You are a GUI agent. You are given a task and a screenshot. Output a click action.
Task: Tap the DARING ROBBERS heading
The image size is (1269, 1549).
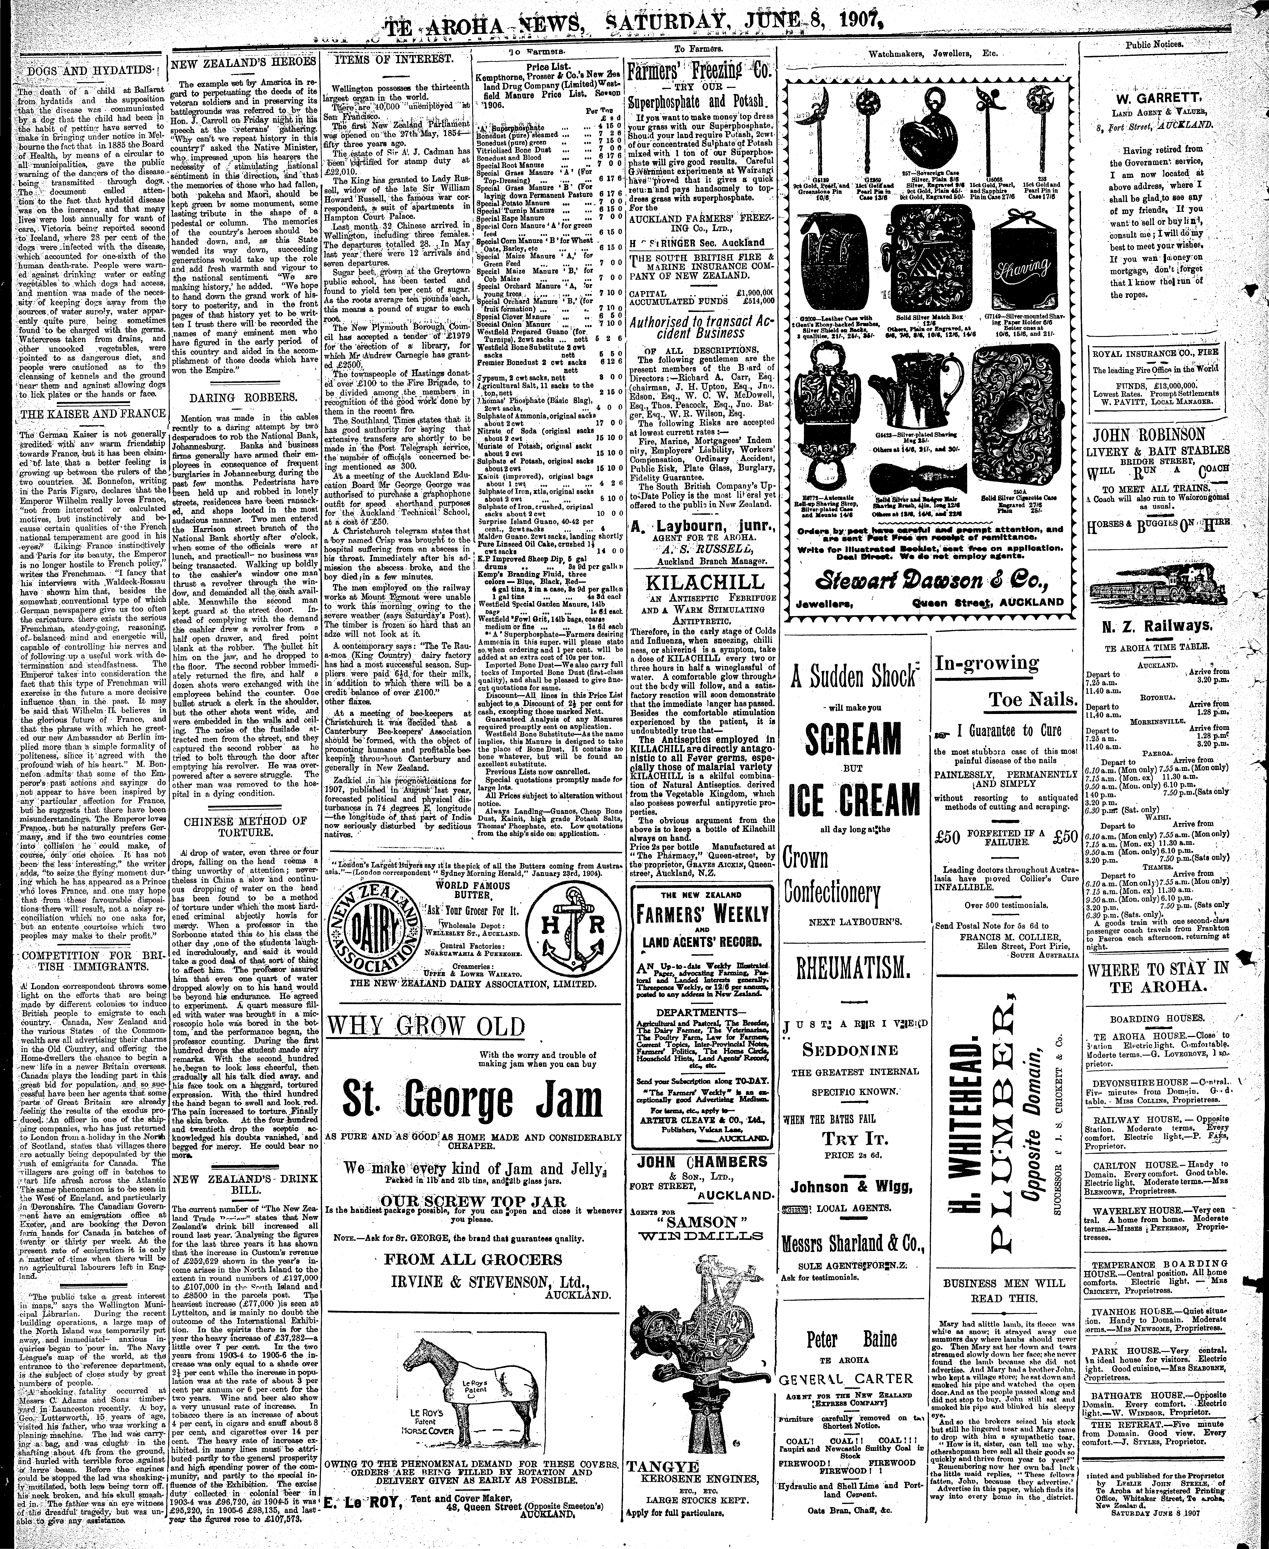240,398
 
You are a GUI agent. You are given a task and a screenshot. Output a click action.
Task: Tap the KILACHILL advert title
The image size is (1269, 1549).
700,582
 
